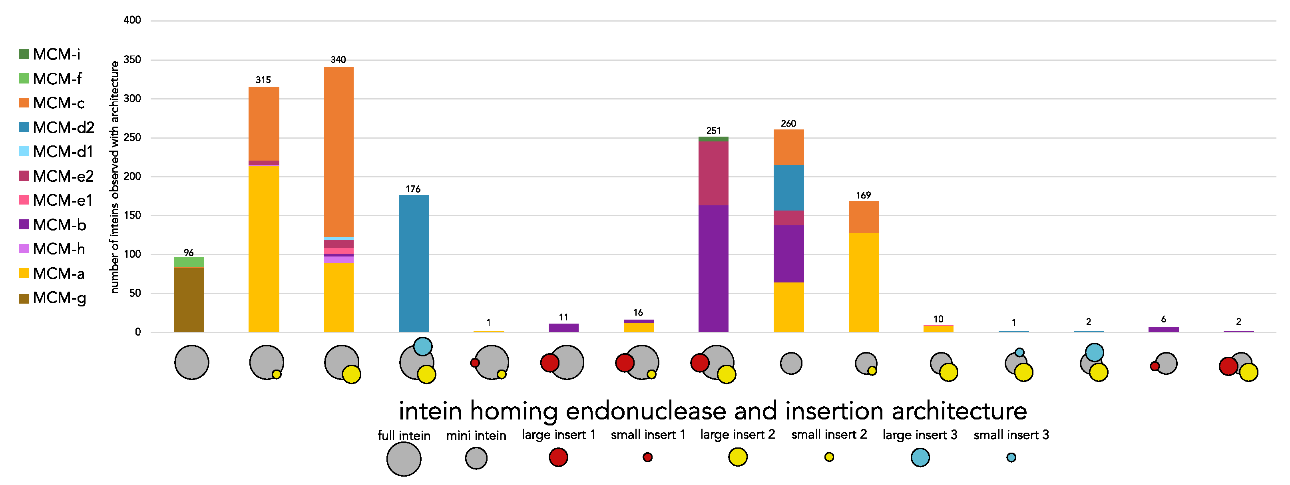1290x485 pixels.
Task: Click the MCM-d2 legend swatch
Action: [x=24, y=127]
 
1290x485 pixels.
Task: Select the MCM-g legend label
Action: [x=59, y=298]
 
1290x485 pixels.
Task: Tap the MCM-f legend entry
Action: [x=57, y=79]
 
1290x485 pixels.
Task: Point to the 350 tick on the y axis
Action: [x=132, y=60]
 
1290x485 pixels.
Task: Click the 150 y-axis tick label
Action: [x=132, y=215]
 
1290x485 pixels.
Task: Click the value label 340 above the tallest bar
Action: [x=338, y=60]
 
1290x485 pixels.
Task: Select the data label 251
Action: [x=714, y=131]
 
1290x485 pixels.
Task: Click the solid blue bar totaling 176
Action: [x=414, y=263]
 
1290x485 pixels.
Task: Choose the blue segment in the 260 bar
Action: [x=789, y=188]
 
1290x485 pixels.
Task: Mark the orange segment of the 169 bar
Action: [x=864, y=217]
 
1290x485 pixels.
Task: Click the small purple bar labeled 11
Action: [x=563, y=328]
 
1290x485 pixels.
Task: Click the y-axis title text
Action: [x=115, y=177]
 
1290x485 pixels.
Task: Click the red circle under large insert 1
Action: [x=558, y=457]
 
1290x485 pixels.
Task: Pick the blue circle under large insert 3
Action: [x=920, y=457]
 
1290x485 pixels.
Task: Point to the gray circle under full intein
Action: [x=404, y=459]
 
